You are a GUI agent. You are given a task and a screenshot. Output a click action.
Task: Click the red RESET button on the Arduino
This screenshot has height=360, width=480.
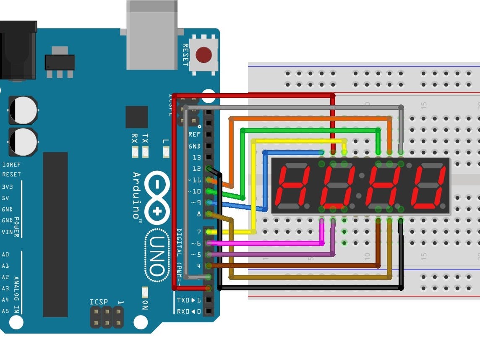[203, 55]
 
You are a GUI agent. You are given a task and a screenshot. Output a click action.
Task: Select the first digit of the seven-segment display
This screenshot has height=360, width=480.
[292, 186]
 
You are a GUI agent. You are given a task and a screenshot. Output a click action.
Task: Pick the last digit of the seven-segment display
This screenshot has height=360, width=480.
[428, 186]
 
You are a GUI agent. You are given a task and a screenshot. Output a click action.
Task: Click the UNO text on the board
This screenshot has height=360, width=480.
[157, 256]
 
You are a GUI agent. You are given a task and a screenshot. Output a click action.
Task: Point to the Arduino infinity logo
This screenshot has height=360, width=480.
[157, 197]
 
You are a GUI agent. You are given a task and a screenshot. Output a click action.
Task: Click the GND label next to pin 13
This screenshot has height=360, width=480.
[194, 146]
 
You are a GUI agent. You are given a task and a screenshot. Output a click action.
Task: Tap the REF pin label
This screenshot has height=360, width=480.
[194, 135]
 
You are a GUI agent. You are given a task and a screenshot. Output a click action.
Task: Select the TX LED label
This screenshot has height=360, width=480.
[145, 138]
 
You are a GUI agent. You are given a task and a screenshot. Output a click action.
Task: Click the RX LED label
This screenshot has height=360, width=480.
[134, 138]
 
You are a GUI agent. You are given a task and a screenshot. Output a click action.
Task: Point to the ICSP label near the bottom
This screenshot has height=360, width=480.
[99, 302]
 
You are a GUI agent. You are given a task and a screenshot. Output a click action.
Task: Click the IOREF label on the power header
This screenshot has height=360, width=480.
[11, 165]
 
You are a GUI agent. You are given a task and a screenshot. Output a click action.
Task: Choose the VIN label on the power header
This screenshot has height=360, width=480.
[8, 232]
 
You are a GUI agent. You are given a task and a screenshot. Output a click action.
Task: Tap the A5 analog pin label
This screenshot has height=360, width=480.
[5, 311]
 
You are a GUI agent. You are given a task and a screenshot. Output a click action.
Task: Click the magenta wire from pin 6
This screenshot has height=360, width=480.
[269, 243]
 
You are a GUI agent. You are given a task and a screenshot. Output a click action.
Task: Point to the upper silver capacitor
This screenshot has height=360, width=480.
[23, 110]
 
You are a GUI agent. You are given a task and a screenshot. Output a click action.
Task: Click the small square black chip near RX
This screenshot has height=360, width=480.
[136, 117]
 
